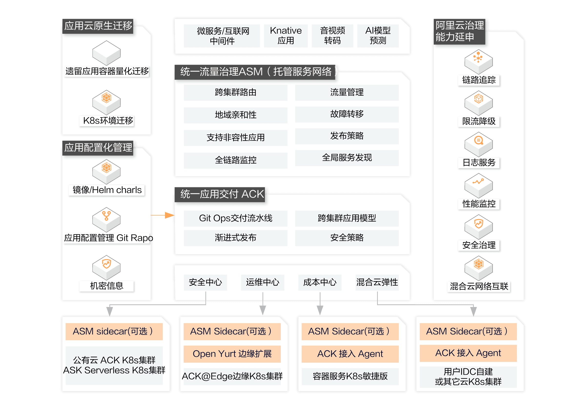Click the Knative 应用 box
[286, 36]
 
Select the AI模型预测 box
[378, 36]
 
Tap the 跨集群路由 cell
[235, 92]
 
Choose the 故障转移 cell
[347, 114]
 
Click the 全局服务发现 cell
[347, 158]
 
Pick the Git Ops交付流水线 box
[235, 218]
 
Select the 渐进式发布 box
[235, 238]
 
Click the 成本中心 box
[320, 282]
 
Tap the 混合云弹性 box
[377, 282]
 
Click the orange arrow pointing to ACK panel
[168, 215]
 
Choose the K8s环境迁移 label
[108, 121]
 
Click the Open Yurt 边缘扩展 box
[232, 354]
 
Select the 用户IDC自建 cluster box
[468, 377]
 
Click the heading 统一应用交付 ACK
[222, 195]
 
